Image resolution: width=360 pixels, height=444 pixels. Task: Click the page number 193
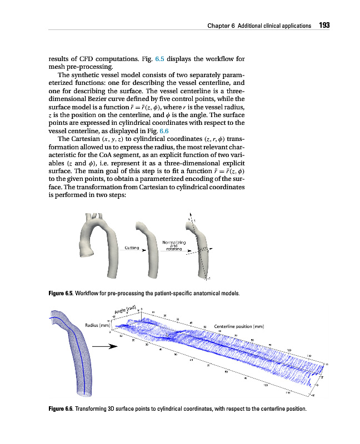[324, 26]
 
